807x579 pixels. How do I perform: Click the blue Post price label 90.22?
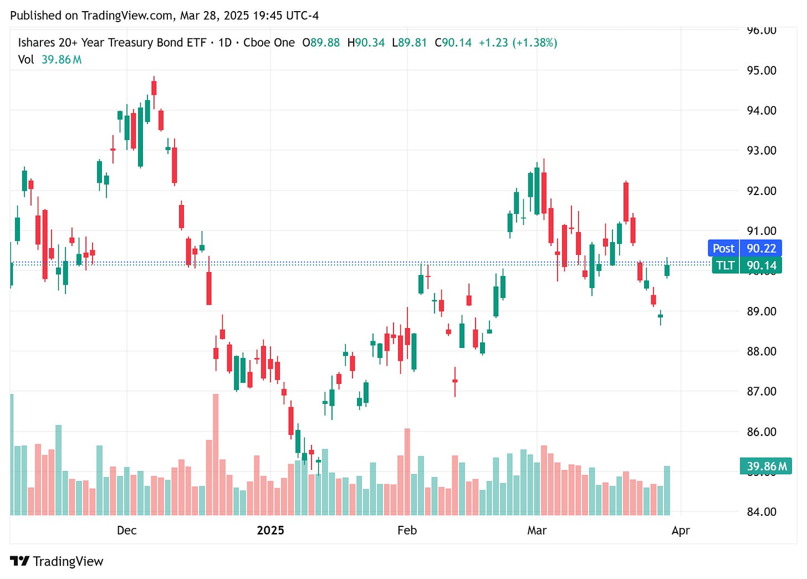744,248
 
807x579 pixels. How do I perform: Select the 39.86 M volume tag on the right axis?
765,466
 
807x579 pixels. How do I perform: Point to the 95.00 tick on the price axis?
761,70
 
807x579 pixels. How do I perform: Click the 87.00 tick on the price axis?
761,391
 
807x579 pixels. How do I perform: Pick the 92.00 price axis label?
761,191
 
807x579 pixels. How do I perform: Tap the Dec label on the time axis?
126,530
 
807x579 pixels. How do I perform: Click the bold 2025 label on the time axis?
270,530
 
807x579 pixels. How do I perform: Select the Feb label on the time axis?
407,530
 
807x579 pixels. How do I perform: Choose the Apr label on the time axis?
681,530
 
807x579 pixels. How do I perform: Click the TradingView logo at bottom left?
57,561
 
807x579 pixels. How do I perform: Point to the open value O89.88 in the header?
321,43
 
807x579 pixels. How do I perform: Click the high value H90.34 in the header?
366,43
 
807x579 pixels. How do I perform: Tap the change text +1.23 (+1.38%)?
518,43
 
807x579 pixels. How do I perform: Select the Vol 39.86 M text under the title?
50,59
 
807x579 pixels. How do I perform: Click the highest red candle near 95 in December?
154,88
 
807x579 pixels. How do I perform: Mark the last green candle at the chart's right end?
667,270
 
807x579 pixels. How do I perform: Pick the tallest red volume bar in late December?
216,454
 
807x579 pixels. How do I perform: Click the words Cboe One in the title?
269,43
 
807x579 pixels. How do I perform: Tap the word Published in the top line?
35,16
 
